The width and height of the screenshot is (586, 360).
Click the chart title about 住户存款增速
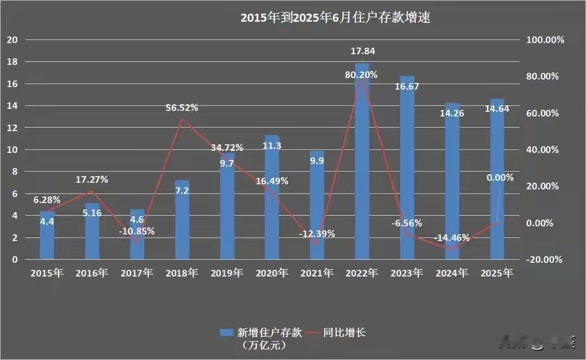tap(336, 18)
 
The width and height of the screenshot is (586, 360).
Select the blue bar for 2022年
tap(362, 163)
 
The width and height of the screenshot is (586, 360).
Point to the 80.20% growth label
tap(361, 75)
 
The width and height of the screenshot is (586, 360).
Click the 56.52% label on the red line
tap(182, 108)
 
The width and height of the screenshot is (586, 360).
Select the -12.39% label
tap(317, 234)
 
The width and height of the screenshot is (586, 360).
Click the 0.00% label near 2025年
tap(500, 177)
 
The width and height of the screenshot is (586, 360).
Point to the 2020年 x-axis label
tap(272, 273)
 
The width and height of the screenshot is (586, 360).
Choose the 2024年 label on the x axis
tap(452, 273)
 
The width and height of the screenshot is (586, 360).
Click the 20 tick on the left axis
tap(12, 40)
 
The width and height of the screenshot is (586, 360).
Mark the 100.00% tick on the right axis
tap(545, 40)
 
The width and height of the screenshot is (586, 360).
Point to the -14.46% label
tap(452, 237)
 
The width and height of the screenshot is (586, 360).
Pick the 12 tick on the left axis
tap(12, 128)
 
